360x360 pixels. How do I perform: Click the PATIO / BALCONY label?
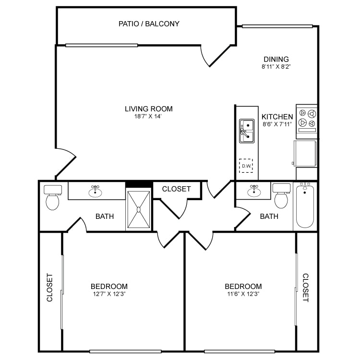pyautogui.click(x=149, y=24)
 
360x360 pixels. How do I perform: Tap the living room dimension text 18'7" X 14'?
pyautogui.click(x=148, y=117)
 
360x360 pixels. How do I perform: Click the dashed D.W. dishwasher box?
pyautogui.click(x=247, y=167)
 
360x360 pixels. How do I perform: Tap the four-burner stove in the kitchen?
pyautogui.click(x=307, y=119)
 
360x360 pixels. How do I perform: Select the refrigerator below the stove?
pyautogui.click(x=306, y=153)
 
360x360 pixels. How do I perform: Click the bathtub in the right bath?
pyautogui.click(x=305, y=206)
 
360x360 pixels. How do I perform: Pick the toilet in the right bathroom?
pyautogui.click(x=281, y=196)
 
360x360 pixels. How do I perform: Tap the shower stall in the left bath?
pyautogui.click(x=139, y=209)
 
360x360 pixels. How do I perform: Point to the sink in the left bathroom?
pyautogui.click(x=96, y=192)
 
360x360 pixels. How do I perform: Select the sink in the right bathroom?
pyautogui.click(x=253, y=191)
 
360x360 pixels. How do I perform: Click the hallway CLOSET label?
pyautogui.click(x=176, y=189)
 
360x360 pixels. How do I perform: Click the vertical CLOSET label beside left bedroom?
pyautogui.click(x=49, y=288)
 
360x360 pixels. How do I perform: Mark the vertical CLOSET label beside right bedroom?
pyautogui.click(x=305, y=288)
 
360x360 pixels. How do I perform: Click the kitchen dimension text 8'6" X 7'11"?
pyautogui.click(x=277, y=124)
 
